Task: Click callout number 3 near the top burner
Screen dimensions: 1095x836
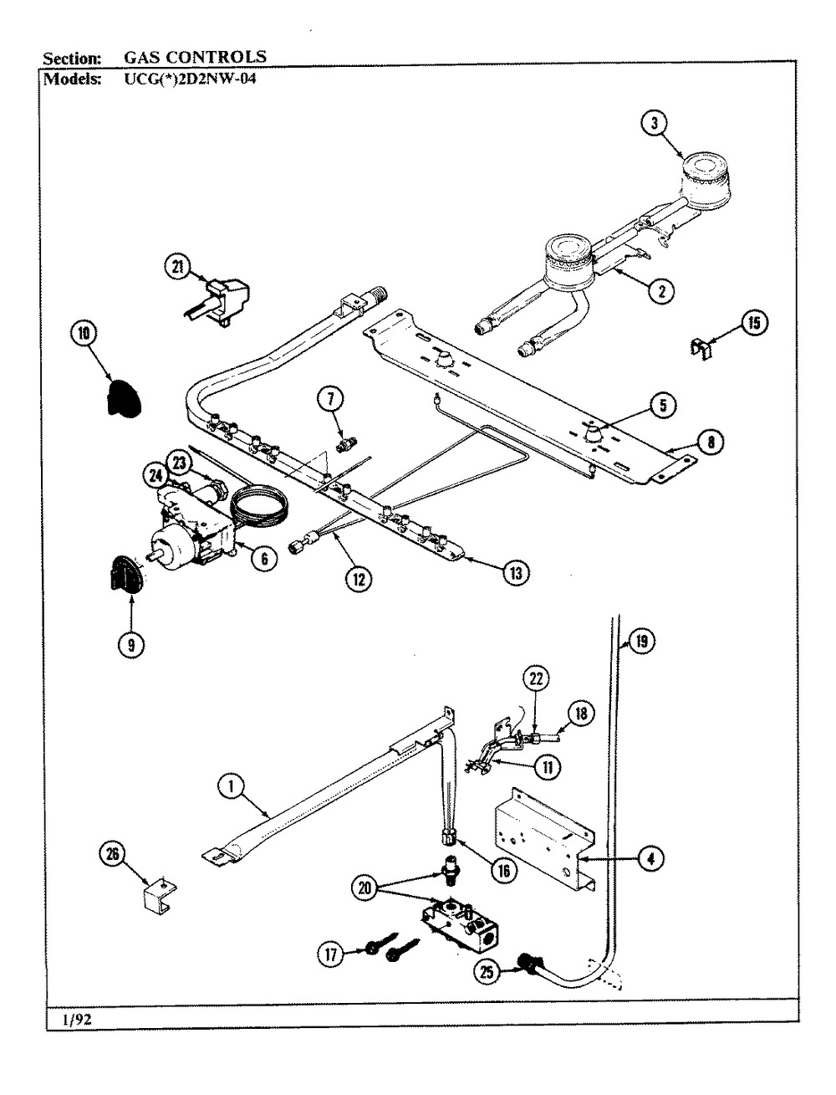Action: pyautogui.click(x=655, y=122)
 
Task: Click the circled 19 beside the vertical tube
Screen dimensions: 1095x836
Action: pyautogui.click(x=642, y=642)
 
